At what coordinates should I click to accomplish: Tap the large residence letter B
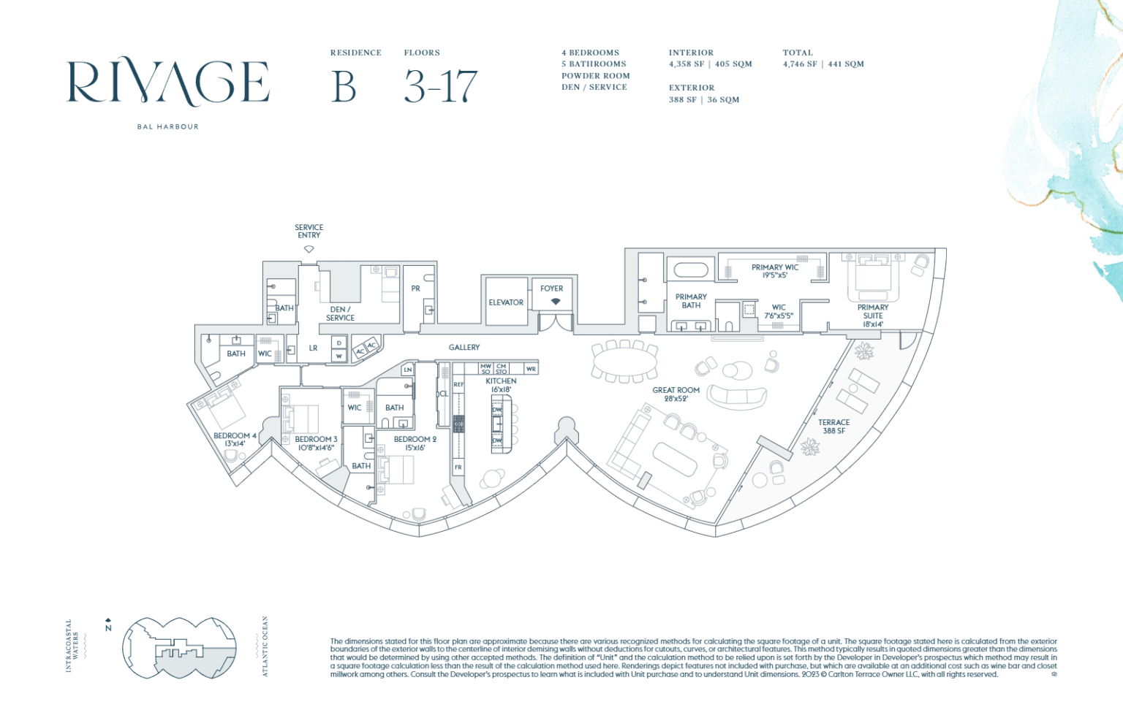[344, 87]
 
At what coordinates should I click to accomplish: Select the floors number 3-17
[441, 87]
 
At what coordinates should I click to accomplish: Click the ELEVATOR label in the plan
[506, 302]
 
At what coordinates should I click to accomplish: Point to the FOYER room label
[551, 289]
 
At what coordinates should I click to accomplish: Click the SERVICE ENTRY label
[309, 232]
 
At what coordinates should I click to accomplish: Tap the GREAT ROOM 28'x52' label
[676, 394]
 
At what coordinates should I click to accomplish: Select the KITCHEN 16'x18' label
[501, 385]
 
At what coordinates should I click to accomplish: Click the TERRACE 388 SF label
[833, 427]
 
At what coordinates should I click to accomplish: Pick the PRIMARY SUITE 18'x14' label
[873, 316]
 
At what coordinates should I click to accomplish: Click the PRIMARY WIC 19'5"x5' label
[775, 271]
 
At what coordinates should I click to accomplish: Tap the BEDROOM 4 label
[235, 439]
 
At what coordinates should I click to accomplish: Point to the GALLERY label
[464, 348]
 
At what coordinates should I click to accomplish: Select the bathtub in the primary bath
[690, 270]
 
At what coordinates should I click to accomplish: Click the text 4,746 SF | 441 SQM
[823, 64]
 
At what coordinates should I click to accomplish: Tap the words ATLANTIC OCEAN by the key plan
[265, 646]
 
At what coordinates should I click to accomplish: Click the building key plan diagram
[179, 648]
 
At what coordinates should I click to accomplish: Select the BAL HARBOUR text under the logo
[167, 127]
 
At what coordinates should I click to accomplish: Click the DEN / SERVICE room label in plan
[340, 313]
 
